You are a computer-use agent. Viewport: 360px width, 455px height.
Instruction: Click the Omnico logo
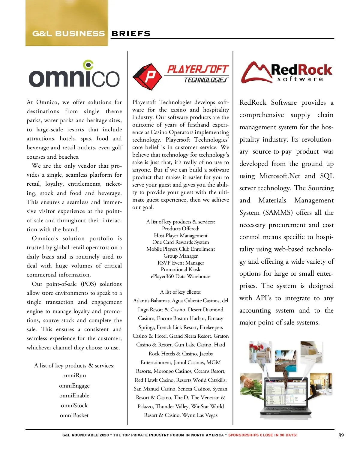point(74,75)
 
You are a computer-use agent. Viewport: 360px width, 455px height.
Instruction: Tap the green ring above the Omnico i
point(88,64)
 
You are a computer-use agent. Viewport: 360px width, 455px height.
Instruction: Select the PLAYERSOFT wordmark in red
point(198,70)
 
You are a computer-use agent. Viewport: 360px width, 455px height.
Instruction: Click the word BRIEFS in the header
point(131,34)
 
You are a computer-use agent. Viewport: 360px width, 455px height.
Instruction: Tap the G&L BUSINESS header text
point(68,34)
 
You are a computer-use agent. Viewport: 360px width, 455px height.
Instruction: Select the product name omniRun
point(74,376)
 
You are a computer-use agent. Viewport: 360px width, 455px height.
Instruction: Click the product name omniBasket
point(74,415)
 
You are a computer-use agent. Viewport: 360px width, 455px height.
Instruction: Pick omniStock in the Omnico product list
point(74,406)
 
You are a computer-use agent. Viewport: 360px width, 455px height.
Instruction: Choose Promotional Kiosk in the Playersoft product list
point(181,269)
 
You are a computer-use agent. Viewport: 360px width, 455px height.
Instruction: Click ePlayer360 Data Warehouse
point(181,276)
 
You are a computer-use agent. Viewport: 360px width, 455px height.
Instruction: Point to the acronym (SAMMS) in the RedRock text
point(278,213)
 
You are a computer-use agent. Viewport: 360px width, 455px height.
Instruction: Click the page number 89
point(341,435)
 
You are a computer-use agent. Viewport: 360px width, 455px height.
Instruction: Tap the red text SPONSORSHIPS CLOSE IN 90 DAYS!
point(263,435)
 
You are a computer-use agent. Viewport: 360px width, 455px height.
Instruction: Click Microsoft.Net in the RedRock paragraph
point(280,176)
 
